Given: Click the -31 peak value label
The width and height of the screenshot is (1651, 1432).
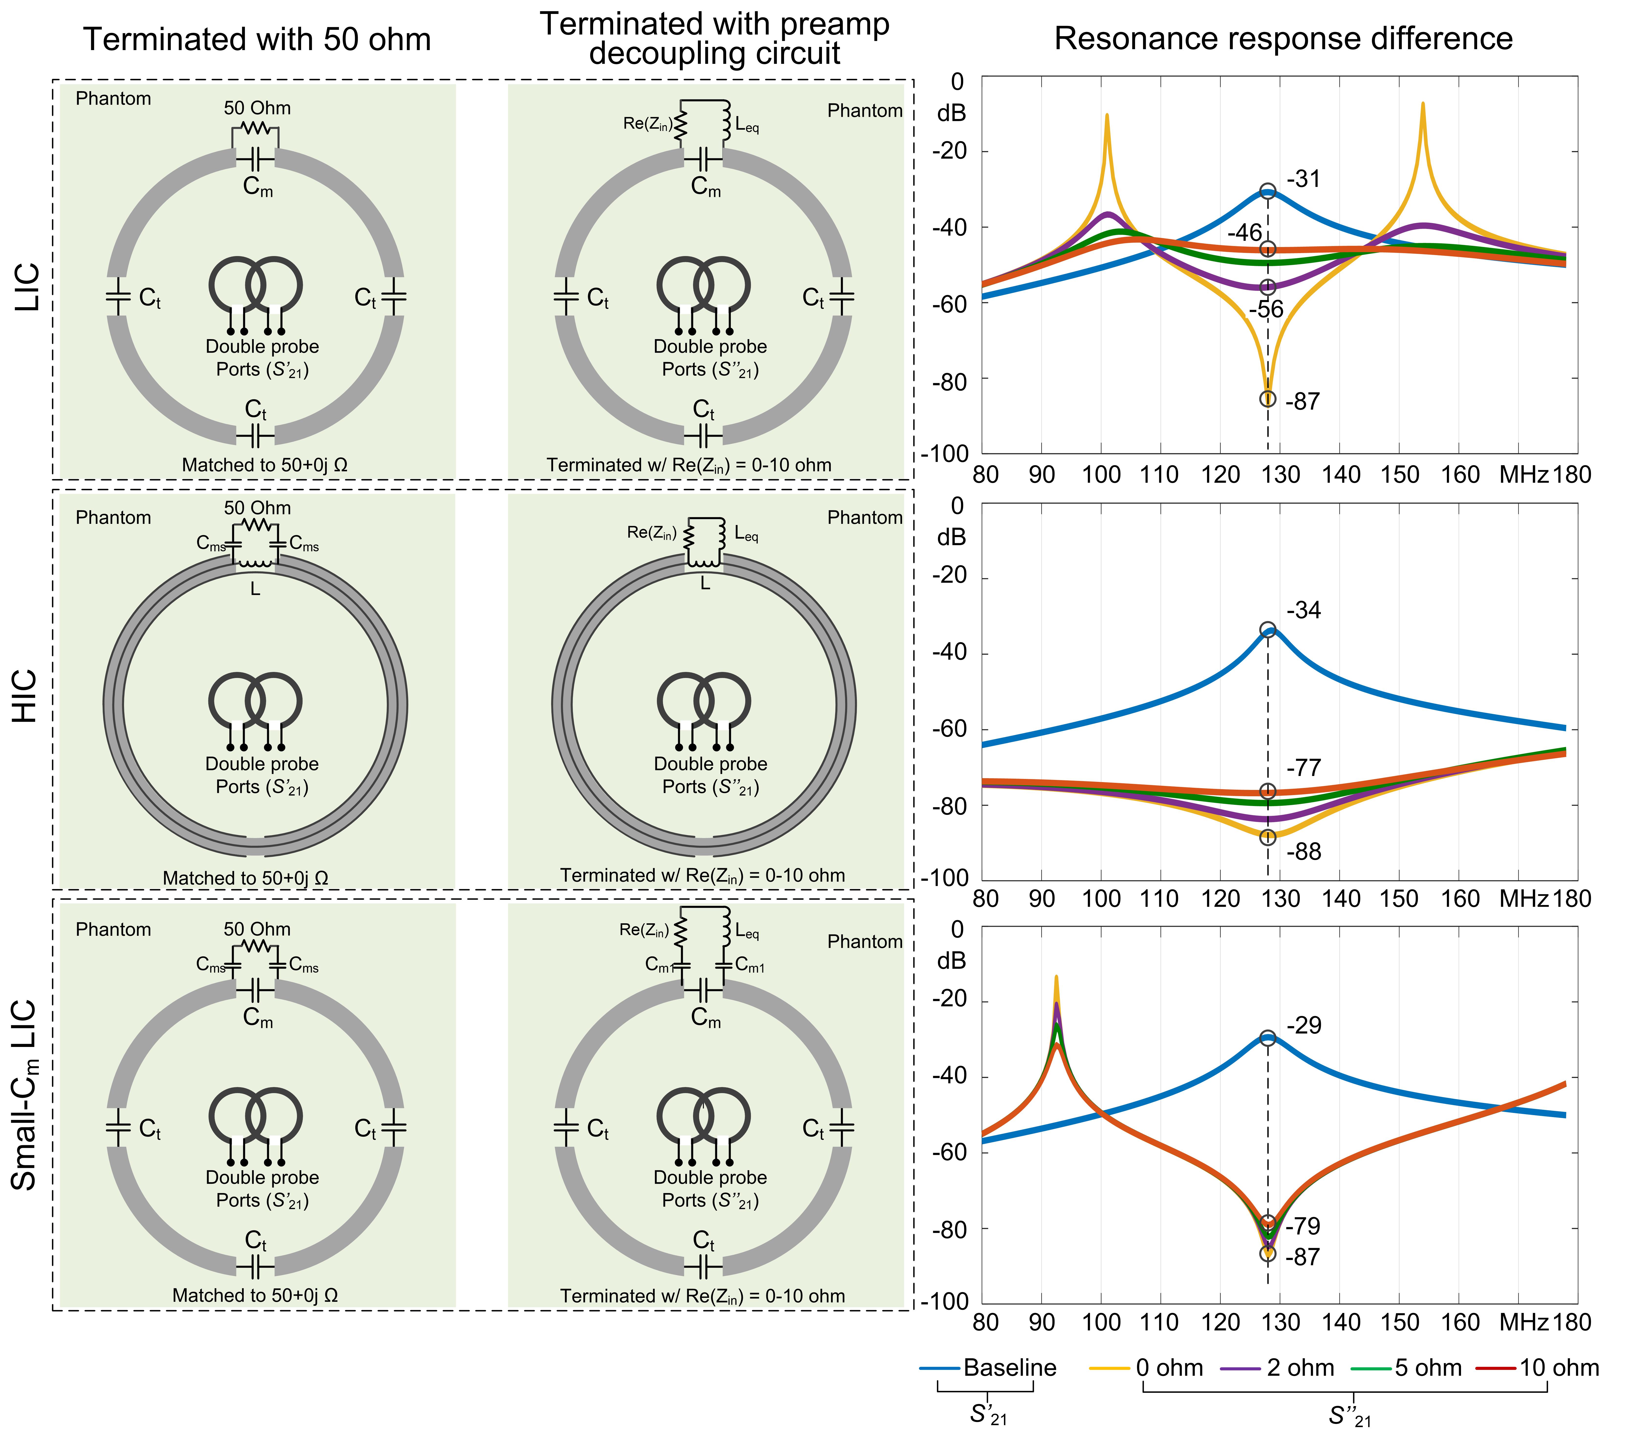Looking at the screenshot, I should [1304, 179].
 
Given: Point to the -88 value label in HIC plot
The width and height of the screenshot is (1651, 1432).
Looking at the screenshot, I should [1304, 852].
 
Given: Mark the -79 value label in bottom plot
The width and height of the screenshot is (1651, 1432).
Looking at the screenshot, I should [1304, 1226].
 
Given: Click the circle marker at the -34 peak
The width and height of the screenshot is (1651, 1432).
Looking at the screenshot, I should [1268, 630].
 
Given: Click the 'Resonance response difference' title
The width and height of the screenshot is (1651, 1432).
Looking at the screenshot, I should [1283, 38].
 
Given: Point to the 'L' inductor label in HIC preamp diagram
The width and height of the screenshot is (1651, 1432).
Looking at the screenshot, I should [705, 584].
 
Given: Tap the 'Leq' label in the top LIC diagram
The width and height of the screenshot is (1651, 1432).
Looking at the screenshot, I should [747, 125].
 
